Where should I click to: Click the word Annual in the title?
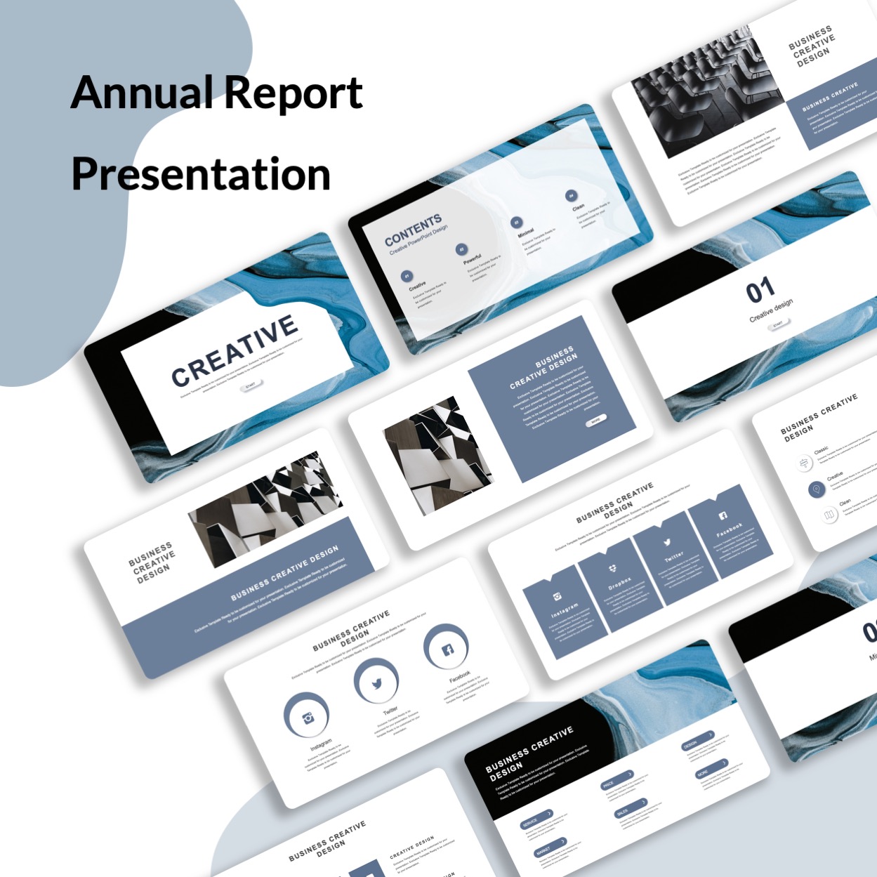click(140, 93)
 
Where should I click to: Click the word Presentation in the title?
click(201, 174)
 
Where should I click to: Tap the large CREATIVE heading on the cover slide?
click(235, 350)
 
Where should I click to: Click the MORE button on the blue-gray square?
click(595, 421)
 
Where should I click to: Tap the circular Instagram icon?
click(307, 717)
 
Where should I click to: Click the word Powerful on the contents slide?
click(472, 259)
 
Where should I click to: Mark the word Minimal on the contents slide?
click(526, 232)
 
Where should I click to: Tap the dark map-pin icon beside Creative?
click(816, 489)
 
